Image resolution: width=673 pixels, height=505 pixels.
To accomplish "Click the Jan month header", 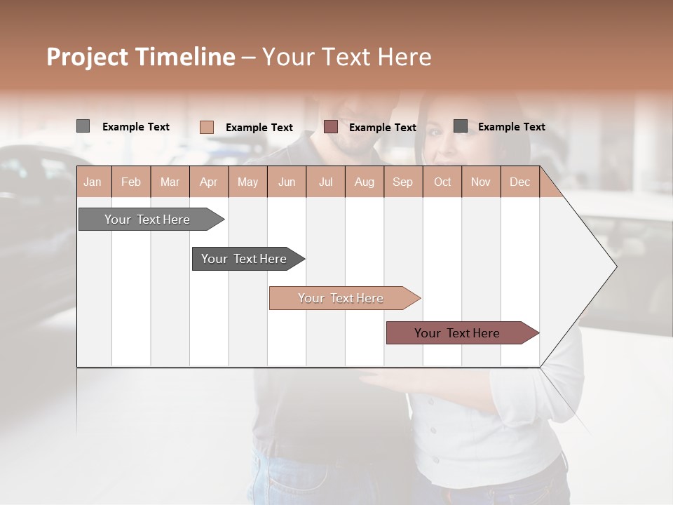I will coord(93,182).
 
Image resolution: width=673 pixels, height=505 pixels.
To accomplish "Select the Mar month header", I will coord(170,182).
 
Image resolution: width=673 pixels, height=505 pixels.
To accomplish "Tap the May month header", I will coord(247,182).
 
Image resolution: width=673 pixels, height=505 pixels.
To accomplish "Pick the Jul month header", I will coord(325,182).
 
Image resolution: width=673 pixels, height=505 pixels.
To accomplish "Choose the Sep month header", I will coord(402,182).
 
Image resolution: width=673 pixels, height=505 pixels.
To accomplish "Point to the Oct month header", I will coord(442,182).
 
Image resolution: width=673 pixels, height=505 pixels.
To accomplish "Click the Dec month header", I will coord(519,182).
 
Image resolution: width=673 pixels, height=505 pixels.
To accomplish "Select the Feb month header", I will coord(131,182).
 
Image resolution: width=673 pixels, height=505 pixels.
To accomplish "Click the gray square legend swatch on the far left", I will coord(83,126).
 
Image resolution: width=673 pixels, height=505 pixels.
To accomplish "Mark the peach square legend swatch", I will coord(206,127).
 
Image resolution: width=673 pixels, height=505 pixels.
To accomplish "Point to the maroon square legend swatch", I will coord(330,127).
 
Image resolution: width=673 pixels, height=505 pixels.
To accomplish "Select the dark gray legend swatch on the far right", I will coord(461,126).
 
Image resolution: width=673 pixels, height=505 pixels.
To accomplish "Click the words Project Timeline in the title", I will coord(141,57).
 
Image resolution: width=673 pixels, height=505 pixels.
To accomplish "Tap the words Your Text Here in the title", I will coord(347,57).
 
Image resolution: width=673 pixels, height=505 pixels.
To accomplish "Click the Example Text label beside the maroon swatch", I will coord(382,128).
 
